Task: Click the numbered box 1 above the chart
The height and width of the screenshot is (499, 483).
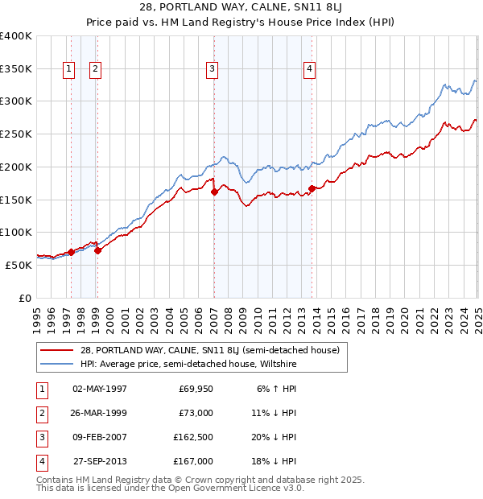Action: pos(69,70)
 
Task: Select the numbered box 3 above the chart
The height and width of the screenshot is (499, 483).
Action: pos(212,70)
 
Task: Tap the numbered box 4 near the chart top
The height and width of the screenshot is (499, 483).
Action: pos(309,70)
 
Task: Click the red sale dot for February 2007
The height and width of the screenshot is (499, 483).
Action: pos(214,192)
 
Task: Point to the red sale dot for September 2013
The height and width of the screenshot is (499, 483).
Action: pos(312,189)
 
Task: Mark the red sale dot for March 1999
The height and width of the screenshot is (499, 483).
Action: pos(97,250)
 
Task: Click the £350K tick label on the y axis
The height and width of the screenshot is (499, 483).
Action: pos(16,68)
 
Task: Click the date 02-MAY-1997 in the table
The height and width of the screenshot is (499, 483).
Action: pos(100,389)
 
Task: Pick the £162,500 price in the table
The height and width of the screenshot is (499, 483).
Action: pos(194,437)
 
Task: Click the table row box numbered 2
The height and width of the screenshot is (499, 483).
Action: pos(41,413)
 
